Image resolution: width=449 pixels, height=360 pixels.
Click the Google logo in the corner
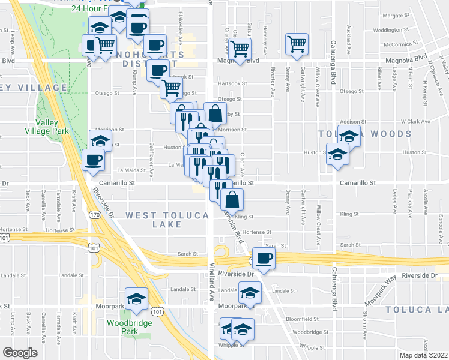(20, 353)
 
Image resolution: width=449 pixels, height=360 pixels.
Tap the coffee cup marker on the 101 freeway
(264, 259)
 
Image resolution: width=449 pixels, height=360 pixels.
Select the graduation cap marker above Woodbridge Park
(136, 298)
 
